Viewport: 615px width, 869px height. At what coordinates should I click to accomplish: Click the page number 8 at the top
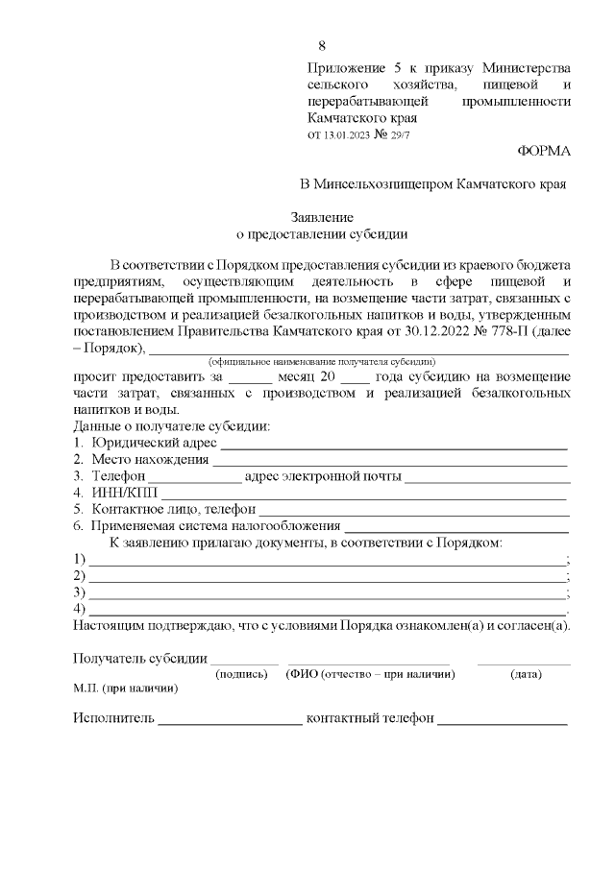click(x=321, y=46)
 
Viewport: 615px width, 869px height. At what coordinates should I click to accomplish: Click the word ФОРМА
click(x=543, y=151)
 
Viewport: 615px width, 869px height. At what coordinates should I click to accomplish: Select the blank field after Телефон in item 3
click(x=195, y=478)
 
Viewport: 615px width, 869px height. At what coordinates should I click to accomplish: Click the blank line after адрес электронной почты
click(x=487, y=478)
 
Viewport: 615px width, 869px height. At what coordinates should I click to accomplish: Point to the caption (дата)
click(x=525, y=674)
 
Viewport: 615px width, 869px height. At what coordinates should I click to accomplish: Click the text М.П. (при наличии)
click(x=125, y=688)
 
